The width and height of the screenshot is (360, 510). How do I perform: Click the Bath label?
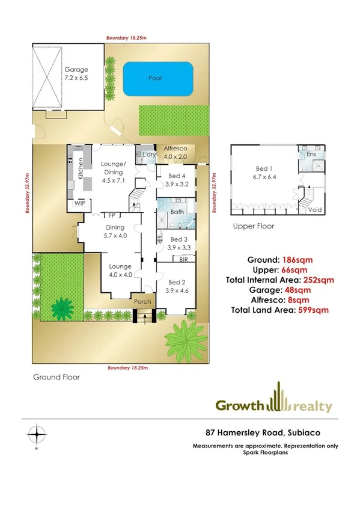177,212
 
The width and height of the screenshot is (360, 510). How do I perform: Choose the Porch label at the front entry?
142,302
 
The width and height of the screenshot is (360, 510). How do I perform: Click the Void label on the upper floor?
314,210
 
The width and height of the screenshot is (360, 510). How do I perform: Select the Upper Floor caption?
254,227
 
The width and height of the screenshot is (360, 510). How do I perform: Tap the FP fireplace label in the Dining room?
111,215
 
